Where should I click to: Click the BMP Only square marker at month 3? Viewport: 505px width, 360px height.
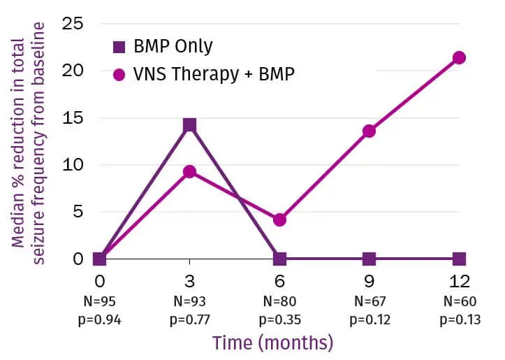click(189, 125)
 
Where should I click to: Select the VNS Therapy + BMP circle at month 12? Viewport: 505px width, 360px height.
click(459, 57)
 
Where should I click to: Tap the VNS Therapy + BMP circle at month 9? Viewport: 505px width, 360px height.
click(369, 131)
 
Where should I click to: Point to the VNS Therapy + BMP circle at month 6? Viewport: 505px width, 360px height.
click(279, 219)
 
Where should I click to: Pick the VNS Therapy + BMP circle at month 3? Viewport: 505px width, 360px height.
click(189, 171)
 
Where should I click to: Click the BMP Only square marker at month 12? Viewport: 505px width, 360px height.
click(459, 259)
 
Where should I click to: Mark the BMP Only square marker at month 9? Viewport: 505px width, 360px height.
click(369, 259)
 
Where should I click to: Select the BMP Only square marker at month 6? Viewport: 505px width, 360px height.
click(279, 259)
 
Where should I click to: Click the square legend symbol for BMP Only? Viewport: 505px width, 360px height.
click(119, 48)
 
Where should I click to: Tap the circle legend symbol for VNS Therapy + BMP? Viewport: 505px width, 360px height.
click(119, 73)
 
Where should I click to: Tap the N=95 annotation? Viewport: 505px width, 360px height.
click(100, 303)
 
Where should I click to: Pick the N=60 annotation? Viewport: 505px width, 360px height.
click(459, 303)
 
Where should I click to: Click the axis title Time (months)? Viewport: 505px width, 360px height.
click(272, 343)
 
